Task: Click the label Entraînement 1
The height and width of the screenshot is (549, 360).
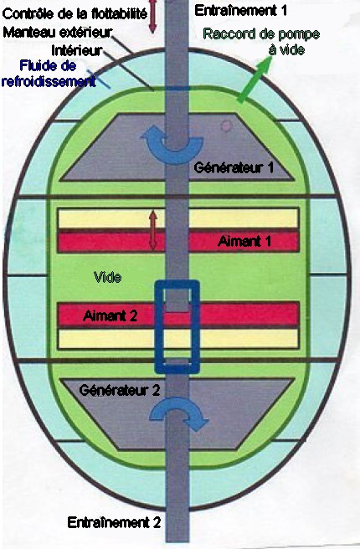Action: (240, 11)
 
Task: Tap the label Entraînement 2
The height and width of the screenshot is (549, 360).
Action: (114, 522)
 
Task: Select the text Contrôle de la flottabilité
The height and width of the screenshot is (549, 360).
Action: (75, 14)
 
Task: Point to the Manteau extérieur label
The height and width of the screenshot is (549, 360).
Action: (58, 33)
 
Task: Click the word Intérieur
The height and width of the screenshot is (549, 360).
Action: (77, 51)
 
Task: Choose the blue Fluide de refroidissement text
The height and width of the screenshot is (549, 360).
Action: (49, 74)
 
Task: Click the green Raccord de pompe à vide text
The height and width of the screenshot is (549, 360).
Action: (261, 42)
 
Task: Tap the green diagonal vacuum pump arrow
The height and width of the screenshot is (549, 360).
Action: (255, 80)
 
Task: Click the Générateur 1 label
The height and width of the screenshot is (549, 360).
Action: (234, 167)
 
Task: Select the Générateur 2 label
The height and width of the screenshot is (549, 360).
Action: (120, 390)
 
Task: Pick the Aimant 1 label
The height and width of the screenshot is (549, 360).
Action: (244, 241)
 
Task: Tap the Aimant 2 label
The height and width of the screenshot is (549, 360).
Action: (110, 316)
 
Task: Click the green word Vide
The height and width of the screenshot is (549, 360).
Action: (108, 277)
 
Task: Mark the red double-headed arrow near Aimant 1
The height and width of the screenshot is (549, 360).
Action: (152, 230)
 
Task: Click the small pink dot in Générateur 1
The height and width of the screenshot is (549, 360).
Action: (227, 126)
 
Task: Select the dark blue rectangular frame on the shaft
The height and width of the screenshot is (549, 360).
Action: (158, 326)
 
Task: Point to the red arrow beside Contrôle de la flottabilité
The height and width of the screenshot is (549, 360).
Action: (152, 17)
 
